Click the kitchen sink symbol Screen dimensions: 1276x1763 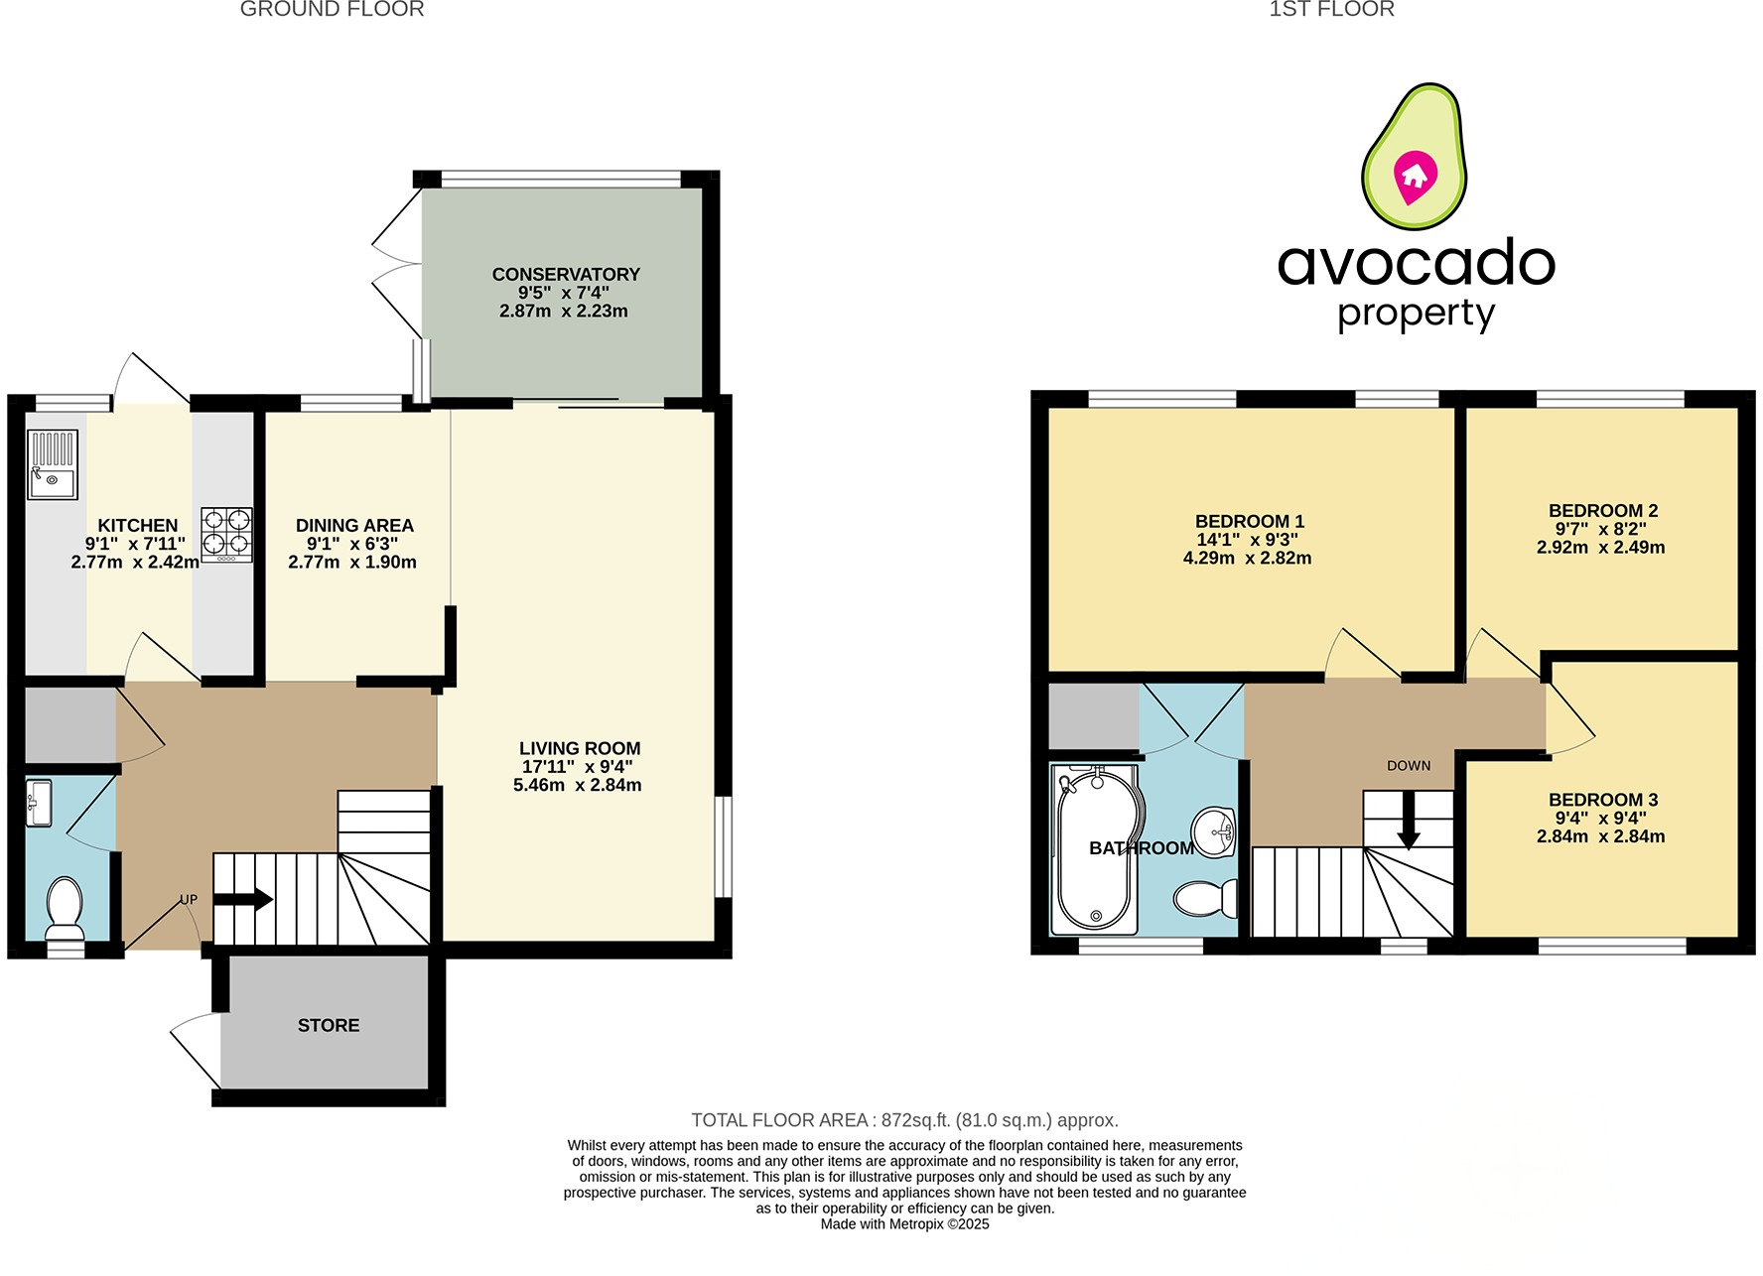pos(53,464)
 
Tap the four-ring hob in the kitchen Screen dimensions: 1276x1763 pos(226,534)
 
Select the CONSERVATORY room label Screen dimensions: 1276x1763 pos(566,274)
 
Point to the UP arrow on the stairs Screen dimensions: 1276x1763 pos(243,900)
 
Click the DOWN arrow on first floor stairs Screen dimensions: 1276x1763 pos(1408,822)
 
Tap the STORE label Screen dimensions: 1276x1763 pos(329,1025)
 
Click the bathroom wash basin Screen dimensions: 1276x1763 pos(1213,831)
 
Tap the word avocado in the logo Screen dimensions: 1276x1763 pos(1416,263)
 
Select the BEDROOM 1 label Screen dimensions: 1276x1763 pos(1249,521)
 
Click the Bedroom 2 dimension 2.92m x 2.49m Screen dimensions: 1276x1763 pos(1600,548)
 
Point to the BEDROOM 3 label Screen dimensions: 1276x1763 pos(1602,800)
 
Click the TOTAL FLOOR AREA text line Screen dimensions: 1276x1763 pos(904,1120)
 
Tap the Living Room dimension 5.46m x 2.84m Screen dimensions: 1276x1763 pos(577,785)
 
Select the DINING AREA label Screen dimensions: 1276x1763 pos(354,526)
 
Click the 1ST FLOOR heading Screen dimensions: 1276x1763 pos(1331,10)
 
